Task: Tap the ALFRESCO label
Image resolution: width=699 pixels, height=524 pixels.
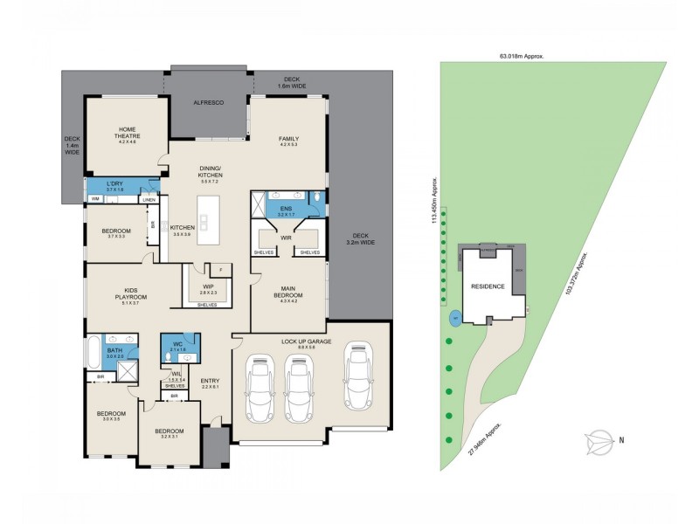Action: pos(208,103)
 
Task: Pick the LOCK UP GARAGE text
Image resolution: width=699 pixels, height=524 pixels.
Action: pos(306,341)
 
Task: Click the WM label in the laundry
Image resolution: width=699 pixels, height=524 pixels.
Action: pos(95,200)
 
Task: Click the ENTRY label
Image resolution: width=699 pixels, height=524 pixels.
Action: pos(210,383)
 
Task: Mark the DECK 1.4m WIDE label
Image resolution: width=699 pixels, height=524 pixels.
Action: pos(72,145)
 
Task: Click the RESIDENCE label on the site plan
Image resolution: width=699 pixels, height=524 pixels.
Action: pos(488,286)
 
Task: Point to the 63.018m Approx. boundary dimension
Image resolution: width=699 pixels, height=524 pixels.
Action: pos(522,55)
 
